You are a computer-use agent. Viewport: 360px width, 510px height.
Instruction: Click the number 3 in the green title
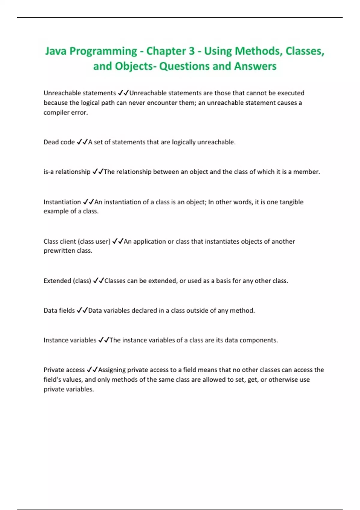[191, 51]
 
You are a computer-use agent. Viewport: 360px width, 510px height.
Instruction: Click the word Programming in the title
[103, 51]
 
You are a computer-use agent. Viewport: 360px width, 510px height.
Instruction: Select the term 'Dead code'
[59, 142]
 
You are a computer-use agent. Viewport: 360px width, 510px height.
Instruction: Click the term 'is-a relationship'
[67, 172]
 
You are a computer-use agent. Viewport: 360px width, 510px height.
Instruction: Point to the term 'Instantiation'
[62, 202]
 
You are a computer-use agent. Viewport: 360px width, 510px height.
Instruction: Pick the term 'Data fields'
[59, 310]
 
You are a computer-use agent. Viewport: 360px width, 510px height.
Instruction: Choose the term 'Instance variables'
[70, 340]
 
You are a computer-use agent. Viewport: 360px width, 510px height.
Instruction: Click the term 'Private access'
[64, 370]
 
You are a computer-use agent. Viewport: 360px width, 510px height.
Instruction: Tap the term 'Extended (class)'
[67, 281]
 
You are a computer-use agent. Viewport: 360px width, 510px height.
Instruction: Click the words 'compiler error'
[65, 113]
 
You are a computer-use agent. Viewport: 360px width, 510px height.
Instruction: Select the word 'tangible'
[291, 202]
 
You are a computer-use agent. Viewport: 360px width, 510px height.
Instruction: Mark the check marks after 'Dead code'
[82, 142]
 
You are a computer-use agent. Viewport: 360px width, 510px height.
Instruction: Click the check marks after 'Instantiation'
[88, 202]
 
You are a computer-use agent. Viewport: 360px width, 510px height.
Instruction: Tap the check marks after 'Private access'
[92, 370]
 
